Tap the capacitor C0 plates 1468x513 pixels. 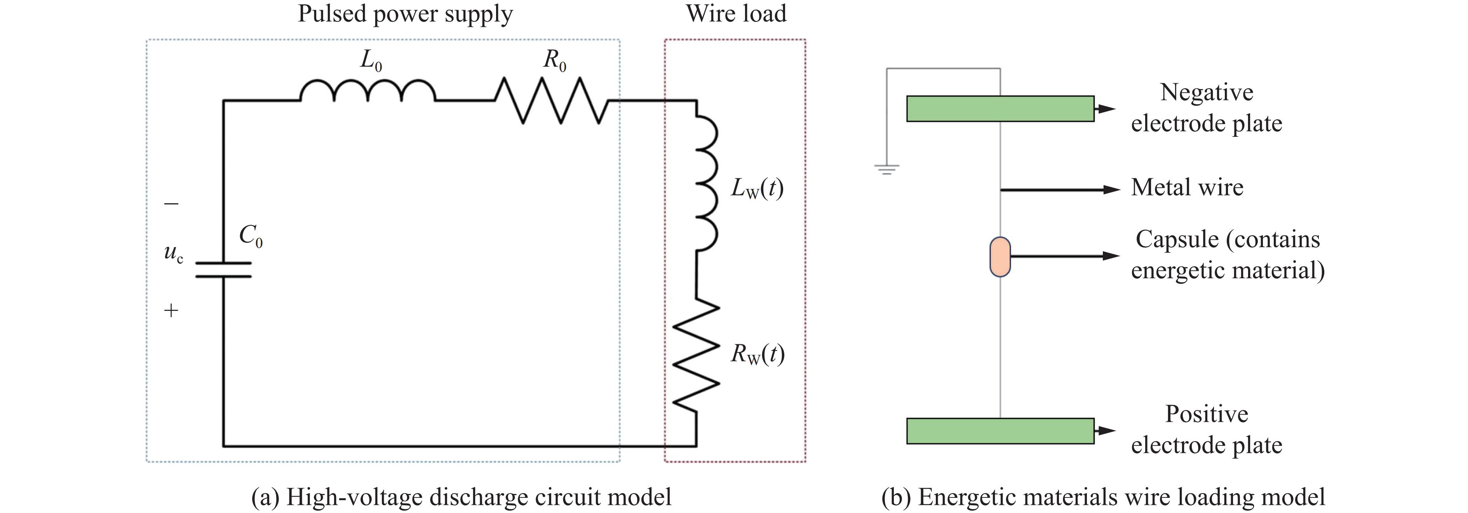(x=223, y=270)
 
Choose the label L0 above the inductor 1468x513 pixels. (x=371, y=60)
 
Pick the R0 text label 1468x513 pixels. (x=554, y=60)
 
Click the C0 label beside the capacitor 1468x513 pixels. (x=251, y=236)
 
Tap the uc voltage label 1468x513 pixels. (x=173, y=253)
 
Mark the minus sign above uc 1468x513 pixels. (x=171, y=204)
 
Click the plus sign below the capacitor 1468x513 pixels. (x=171, y=310)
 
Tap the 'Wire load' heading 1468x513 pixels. (x=736, y=14)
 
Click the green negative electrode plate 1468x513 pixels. (x=1000, y=109)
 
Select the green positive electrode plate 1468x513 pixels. (x=1000, y=431)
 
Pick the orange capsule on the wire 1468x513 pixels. (x=1000, y=257)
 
